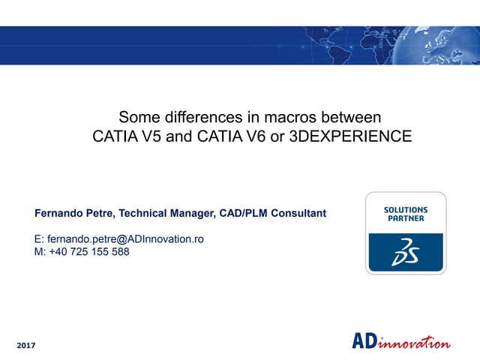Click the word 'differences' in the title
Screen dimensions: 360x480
point(198,118)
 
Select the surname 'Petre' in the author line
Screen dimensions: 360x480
point(101,214)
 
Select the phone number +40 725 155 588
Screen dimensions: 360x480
point(89,252)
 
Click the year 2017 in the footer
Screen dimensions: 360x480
point(25,345)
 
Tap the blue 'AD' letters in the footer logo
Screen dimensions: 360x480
point(367,342)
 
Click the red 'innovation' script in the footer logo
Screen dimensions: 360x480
point(417,343)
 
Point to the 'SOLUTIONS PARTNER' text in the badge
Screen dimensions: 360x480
point(406,214)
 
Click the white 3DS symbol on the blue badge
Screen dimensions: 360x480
point(406,253)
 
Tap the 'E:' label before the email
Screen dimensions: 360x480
point(40,239)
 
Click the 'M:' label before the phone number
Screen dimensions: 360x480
point(40,252)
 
